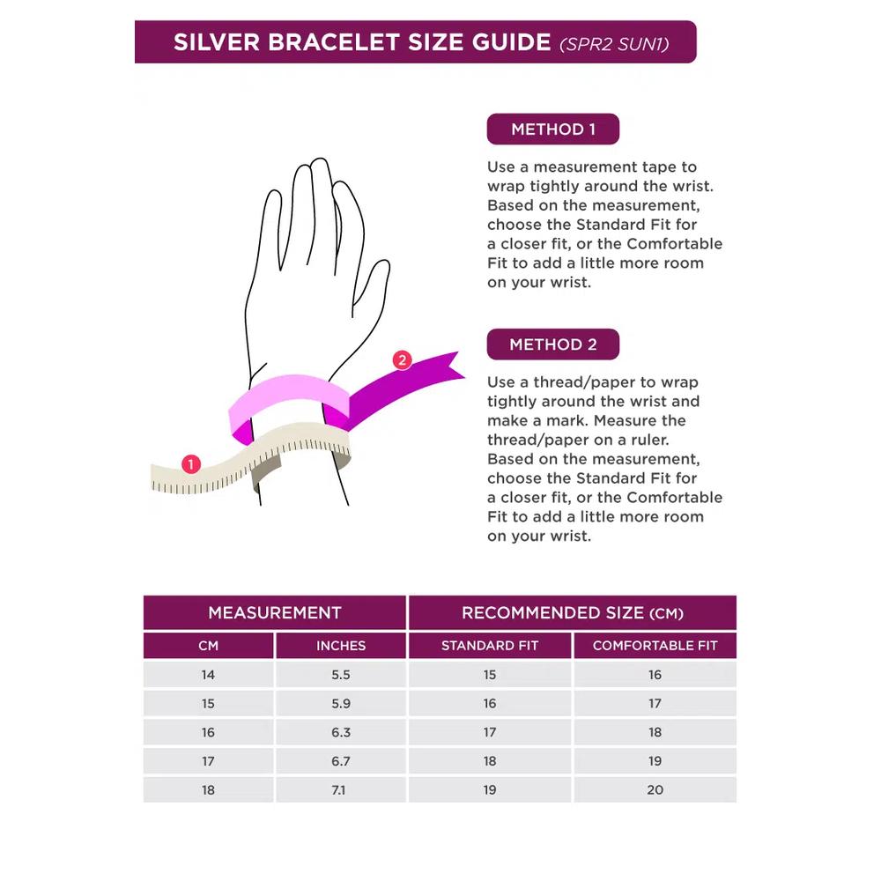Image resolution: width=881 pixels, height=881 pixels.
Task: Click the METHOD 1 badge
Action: tap(553, 130)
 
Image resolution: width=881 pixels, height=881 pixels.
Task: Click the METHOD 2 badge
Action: tap(553, 344)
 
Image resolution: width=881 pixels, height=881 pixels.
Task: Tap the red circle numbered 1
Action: tap(191, 464)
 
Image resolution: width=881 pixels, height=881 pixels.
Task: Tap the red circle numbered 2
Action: tap(402, 360)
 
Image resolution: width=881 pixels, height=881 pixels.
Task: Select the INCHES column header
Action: tap(340, 646)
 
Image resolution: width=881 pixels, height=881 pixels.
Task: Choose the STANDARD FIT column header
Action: tap(489, 646)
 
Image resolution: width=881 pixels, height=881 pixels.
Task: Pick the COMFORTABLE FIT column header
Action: tap(655, 646)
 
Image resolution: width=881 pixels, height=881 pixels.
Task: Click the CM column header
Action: tap(208, 646)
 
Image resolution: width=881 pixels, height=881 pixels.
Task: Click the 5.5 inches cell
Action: tap(340, 675)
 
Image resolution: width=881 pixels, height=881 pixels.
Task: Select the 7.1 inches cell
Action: tap(340, 790)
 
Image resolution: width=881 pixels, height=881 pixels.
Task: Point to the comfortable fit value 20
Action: tap(655, 790)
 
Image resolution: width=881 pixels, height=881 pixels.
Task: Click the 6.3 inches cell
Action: tap(340, 732)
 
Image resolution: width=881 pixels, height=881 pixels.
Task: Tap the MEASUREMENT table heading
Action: tap(275, 612)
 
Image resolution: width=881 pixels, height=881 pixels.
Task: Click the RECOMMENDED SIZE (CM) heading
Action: tap(573, 612)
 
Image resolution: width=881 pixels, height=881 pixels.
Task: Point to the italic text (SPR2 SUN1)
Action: tap(614, 44)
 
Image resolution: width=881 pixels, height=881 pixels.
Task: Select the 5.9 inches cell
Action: tap(340, 703)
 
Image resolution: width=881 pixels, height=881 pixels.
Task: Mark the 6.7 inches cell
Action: tap(340, 761)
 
